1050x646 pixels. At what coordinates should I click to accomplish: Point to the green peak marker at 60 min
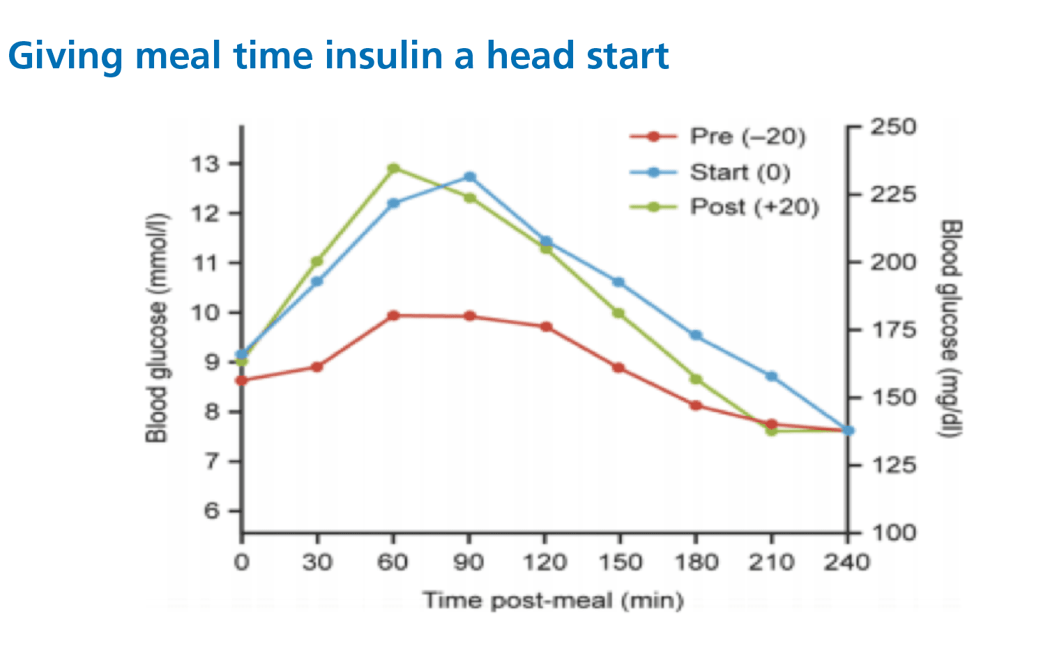393,168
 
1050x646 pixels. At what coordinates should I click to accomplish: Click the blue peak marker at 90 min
469,177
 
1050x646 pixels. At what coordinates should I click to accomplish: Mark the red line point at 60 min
393,316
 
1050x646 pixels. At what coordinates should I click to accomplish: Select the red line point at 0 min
242,380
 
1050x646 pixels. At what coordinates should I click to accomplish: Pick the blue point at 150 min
618,282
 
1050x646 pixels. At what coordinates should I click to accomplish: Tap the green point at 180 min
695,379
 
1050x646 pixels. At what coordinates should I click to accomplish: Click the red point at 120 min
546,327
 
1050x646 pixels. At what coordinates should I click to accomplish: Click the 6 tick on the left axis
211,511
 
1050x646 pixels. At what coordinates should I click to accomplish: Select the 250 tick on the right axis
892,127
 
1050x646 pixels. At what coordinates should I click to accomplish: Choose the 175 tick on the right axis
892,330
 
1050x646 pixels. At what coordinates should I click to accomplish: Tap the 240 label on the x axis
846,562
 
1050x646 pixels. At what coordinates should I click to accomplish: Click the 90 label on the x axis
469,562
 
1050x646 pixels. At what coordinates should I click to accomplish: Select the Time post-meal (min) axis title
553,601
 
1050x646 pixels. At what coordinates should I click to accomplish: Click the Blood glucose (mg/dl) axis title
952,329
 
